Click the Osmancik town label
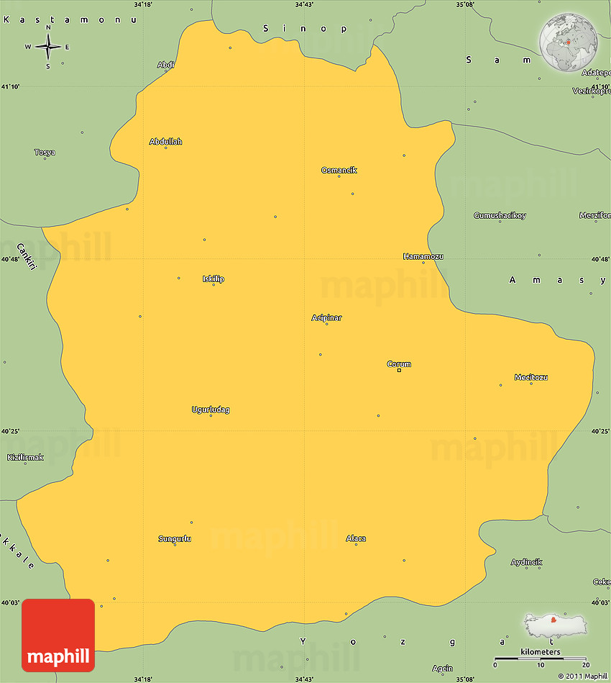339,171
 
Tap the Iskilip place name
213,279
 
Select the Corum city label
399,364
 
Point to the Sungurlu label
175,538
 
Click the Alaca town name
356,538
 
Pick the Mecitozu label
531,377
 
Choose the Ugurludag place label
211,410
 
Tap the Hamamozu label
423,256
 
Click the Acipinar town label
326,317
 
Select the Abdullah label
165,142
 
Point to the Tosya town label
45,153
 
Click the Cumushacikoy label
500,215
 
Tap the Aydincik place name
526,562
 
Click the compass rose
48,48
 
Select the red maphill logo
58,635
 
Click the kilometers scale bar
540,659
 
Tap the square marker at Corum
399,370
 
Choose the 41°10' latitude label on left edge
10,86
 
